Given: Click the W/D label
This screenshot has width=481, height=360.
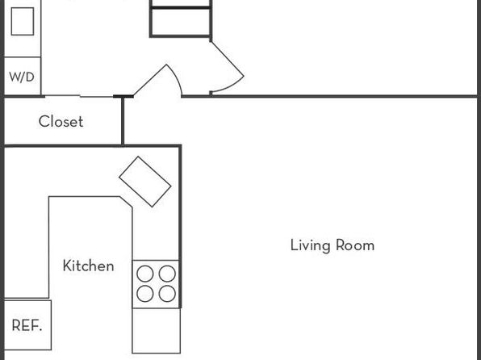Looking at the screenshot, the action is (x=22, y=77).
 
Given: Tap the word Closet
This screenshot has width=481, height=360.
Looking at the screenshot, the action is (x=61, y=122).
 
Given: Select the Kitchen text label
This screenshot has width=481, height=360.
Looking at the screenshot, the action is (x=88, y=266).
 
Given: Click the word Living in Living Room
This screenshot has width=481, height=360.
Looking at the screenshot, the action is (x=311, y=245).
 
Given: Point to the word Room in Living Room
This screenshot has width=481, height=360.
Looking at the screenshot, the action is (x=355, y=245).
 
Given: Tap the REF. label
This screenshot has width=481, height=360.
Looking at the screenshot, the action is (x=27, y=325).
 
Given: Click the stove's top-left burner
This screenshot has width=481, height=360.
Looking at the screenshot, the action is (x=145, y=274).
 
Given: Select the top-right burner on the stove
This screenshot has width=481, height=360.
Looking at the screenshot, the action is (x=167, y=274).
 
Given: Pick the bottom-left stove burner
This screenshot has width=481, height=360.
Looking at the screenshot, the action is (x=145, y=293).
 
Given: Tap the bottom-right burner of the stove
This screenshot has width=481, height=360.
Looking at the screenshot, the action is (x=167, y=293).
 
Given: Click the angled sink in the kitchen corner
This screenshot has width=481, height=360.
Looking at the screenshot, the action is (x=145, y=182).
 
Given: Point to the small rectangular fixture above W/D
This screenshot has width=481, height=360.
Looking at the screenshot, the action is (x=23, y=22).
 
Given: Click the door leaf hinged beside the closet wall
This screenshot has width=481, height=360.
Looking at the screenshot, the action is (x=150, y=80).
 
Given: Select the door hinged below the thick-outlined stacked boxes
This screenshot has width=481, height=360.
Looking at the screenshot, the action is (x=228, y=59).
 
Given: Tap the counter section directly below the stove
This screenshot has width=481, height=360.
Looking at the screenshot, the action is (x=156, y=331).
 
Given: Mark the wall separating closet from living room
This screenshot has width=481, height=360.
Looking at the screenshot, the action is (x=123, y=120).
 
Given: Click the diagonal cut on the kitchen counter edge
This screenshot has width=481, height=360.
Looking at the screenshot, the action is (x=126, y=202).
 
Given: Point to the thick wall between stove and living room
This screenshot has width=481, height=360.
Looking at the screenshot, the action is (x=180, y=227).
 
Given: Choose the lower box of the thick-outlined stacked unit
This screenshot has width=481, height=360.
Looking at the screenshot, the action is (x=181, y=22).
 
